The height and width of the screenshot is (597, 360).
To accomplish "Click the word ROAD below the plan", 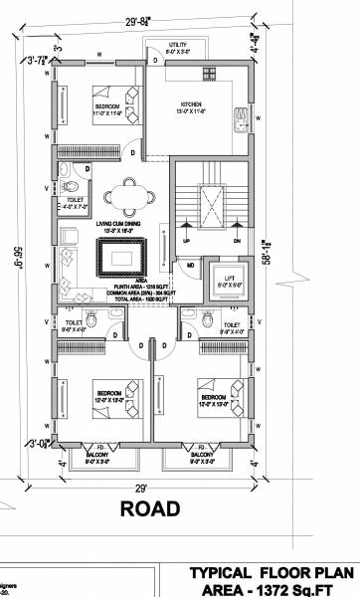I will click(149, 509).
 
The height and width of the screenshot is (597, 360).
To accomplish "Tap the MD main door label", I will click(190, 266).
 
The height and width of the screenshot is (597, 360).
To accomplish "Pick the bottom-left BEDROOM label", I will click(107, 383).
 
